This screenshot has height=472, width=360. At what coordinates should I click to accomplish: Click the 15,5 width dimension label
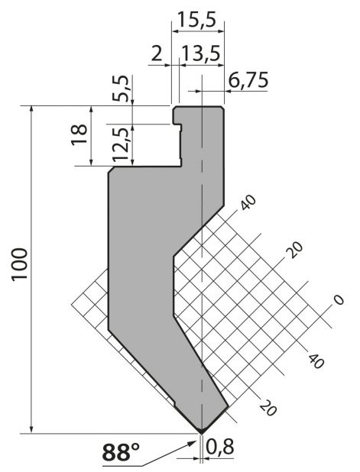click(196, 20)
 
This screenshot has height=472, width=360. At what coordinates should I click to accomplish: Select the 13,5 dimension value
click(201, 54)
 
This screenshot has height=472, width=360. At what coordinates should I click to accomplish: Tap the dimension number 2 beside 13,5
click(157, 54)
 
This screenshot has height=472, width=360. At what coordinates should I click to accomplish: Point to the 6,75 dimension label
click(248, 80)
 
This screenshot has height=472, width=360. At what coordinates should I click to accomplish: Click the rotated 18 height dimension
click(79, 135)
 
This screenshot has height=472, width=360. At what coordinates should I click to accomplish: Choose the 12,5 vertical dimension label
click(121, 144)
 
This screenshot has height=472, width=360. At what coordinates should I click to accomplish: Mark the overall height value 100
click(20, 264)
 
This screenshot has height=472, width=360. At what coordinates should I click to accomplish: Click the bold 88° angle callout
click(121, 452)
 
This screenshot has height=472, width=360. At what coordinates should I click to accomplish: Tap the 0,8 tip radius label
click(220, 446)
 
